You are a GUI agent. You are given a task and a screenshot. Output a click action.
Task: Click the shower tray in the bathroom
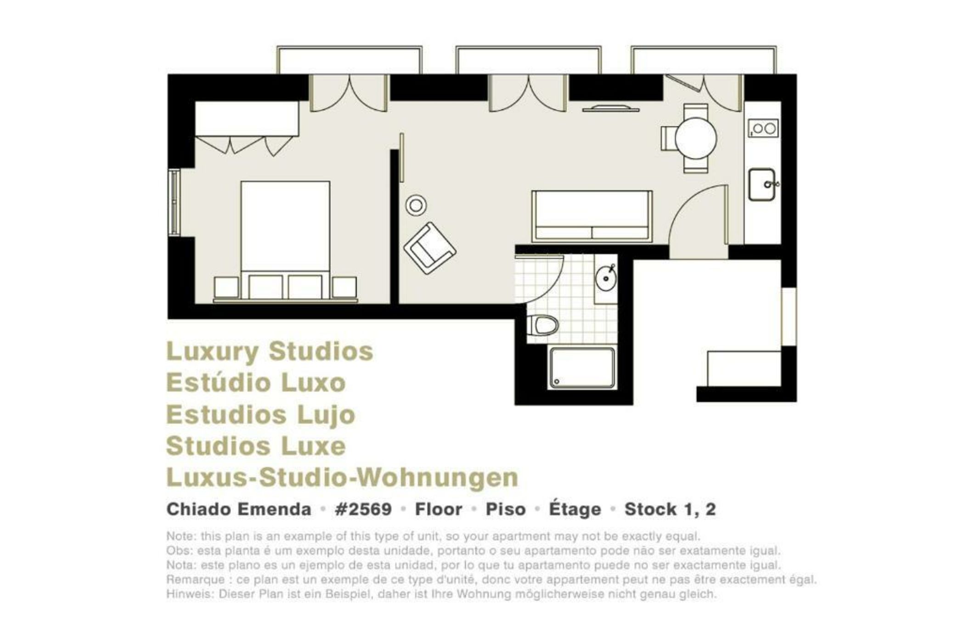(582, 367)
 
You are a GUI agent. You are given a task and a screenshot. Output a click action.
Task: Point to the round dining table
(695, 138)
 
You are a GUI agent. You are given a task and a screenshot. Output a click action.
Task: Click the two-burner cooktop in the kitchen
(763, 128)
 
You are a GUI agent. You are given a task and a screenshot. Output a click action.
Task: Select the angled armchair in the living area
(429, 248)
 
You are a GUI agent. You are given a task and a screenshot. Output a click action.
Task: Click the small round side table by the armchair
(416, 205)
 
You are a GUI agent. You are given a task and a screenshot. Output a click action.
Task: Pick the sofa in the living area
(592, 216)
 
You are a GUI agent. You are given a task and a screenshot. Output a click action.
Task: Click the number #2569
(363, 509)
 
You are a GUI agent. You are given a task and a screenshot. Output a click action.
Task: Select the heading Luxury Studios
(270, 352)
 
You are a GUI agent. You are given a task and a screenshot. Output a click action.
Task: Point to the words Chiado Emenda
(239, 509)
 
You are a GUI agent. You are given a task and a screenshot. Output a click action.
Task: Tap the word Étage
(575, 509)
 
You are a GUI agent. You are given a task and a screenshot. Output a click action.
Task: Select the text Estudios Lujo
(260, 415)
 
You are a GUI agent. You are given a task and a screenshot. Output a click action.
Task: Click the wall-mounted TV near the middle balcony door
(610, 109)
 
